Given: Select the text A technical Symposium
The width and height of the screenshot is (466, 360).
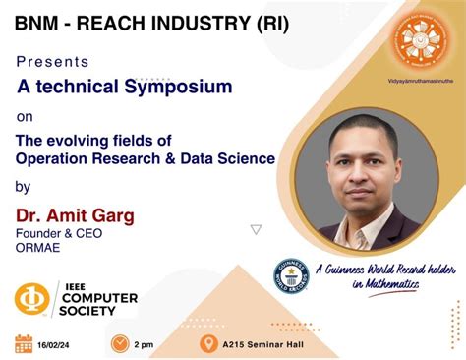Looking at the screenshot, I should pos(125,87).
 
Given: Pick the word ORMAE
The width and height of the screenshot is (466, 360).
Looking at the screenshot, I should pos(36,249).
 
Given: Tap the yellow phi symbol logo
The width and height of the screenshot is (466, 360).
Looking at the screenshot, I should pos(32,299).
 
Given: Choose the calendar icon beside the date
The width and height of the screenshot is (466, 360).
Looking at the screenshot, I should pos(24,343).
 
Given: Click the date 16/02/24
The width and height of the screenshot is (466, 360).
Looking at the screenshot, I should pos(57,344).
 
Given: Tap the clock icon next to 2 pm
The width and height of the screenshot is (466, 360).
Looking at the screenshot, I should pos(120,343).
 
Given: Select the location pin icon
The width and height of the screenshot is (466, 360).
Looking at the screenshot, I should pos(208,343).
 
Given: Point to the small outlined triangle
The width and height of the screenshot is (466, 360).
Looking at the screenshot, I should pos(256,229).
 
